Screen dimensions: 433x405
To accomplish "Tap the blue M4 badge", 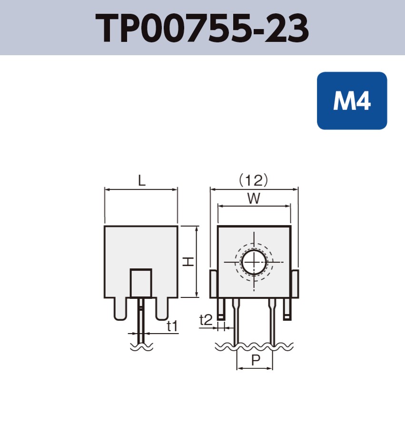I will (x=352, y=100).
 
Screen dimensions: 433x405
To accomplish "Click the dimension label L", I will (x=141, y=180).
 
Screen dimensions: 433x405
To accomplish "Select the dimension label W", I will (x=254, y=198).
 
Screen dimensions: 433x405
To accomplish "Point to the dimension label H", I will (x=189, y=262).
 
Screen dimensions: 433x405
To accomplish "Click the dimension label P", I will (x=255, y=360).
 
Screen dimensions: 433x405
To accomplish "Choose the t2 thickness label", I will (x=206, y=320).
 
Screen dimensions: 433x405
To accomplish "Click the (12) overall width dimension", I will (x=254, y=180).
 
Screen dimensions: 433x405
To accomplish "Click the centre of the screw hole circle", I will (x=254, y=262).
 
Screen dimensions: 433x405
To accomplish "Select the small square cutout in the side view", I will (x=141, y=283).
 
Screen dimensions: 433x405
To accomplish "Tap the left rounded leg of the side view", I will (x=120, y=308).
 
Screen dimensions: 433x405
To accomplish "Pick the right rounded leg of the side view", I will (x=162, y=308).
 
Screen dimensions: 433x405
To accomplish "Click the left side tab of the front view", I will (x=214, y=284).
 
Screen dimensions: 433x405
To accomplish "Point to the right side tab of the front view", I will (x=295, y=284).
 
